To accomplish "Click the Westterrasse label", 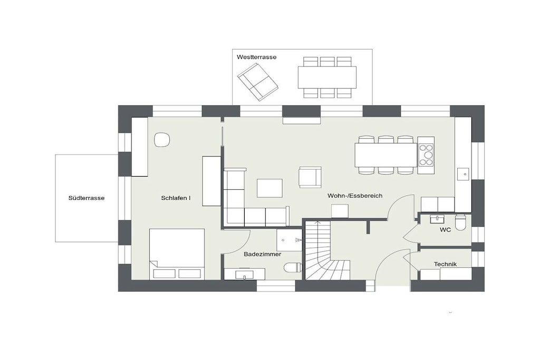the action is point(256,57).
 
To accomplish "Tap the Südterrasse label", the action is point(86,198).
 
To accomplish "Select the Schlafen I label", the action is point(176,198).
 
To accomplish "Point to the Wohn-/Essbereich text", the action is point(355,196).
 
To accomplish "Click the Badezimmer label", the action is point(263,255).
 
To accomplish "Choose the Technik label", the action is point(445,264).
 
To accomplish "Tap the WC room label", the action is point(445,230).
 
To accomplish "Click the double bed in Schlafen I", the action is point(177,254).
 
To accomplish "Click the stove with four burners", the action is point(426,155).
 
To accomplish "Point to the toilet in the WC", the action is point(460,222).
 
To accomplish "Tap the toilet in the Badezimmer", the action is point(293,267).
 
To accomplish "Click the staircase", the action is point(327,250).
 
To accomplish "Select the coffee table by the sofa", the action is point(269,188).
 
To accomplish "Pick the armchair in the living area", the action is point(310,177).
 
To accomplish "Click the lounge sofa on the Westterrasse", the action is point(257,82).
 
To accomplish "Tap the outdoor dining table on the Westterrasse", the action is point(327,77).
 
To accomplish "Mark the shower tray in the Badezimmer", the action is point(290,240).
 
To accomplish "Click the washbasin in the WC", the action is point(437,218).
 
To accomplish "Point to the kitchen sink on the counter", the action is point(465,174).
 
